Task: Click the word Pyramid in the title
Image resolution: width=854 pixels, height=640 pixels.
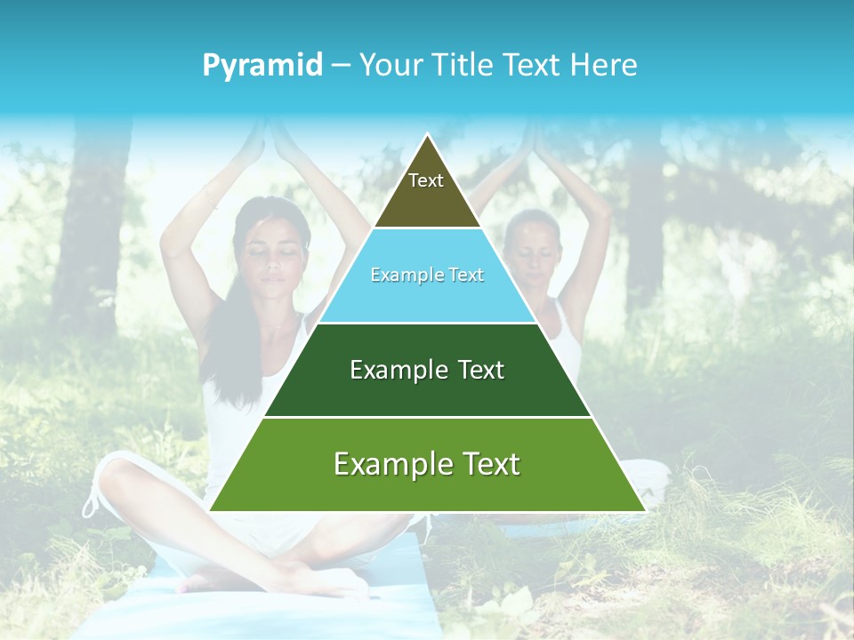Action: click(262, 66)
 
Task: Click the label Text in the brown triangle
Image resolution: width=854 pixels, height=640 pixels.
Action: click(426, 180)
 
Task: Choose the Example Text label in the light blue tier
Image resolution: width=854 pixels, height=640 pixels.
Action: click(427, 276)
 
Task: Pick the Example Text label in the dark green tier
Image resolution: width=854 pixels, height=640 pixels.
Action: click(427, 370)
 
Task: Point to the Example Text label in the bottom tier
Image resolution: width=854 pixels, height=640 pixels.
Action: click(427, 464)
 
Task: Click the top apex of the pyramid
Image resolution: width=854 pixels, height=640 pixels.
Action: click(428, 135)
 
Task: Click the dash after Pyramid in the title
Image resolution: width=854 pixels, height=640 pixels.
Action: click(341, 66)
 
